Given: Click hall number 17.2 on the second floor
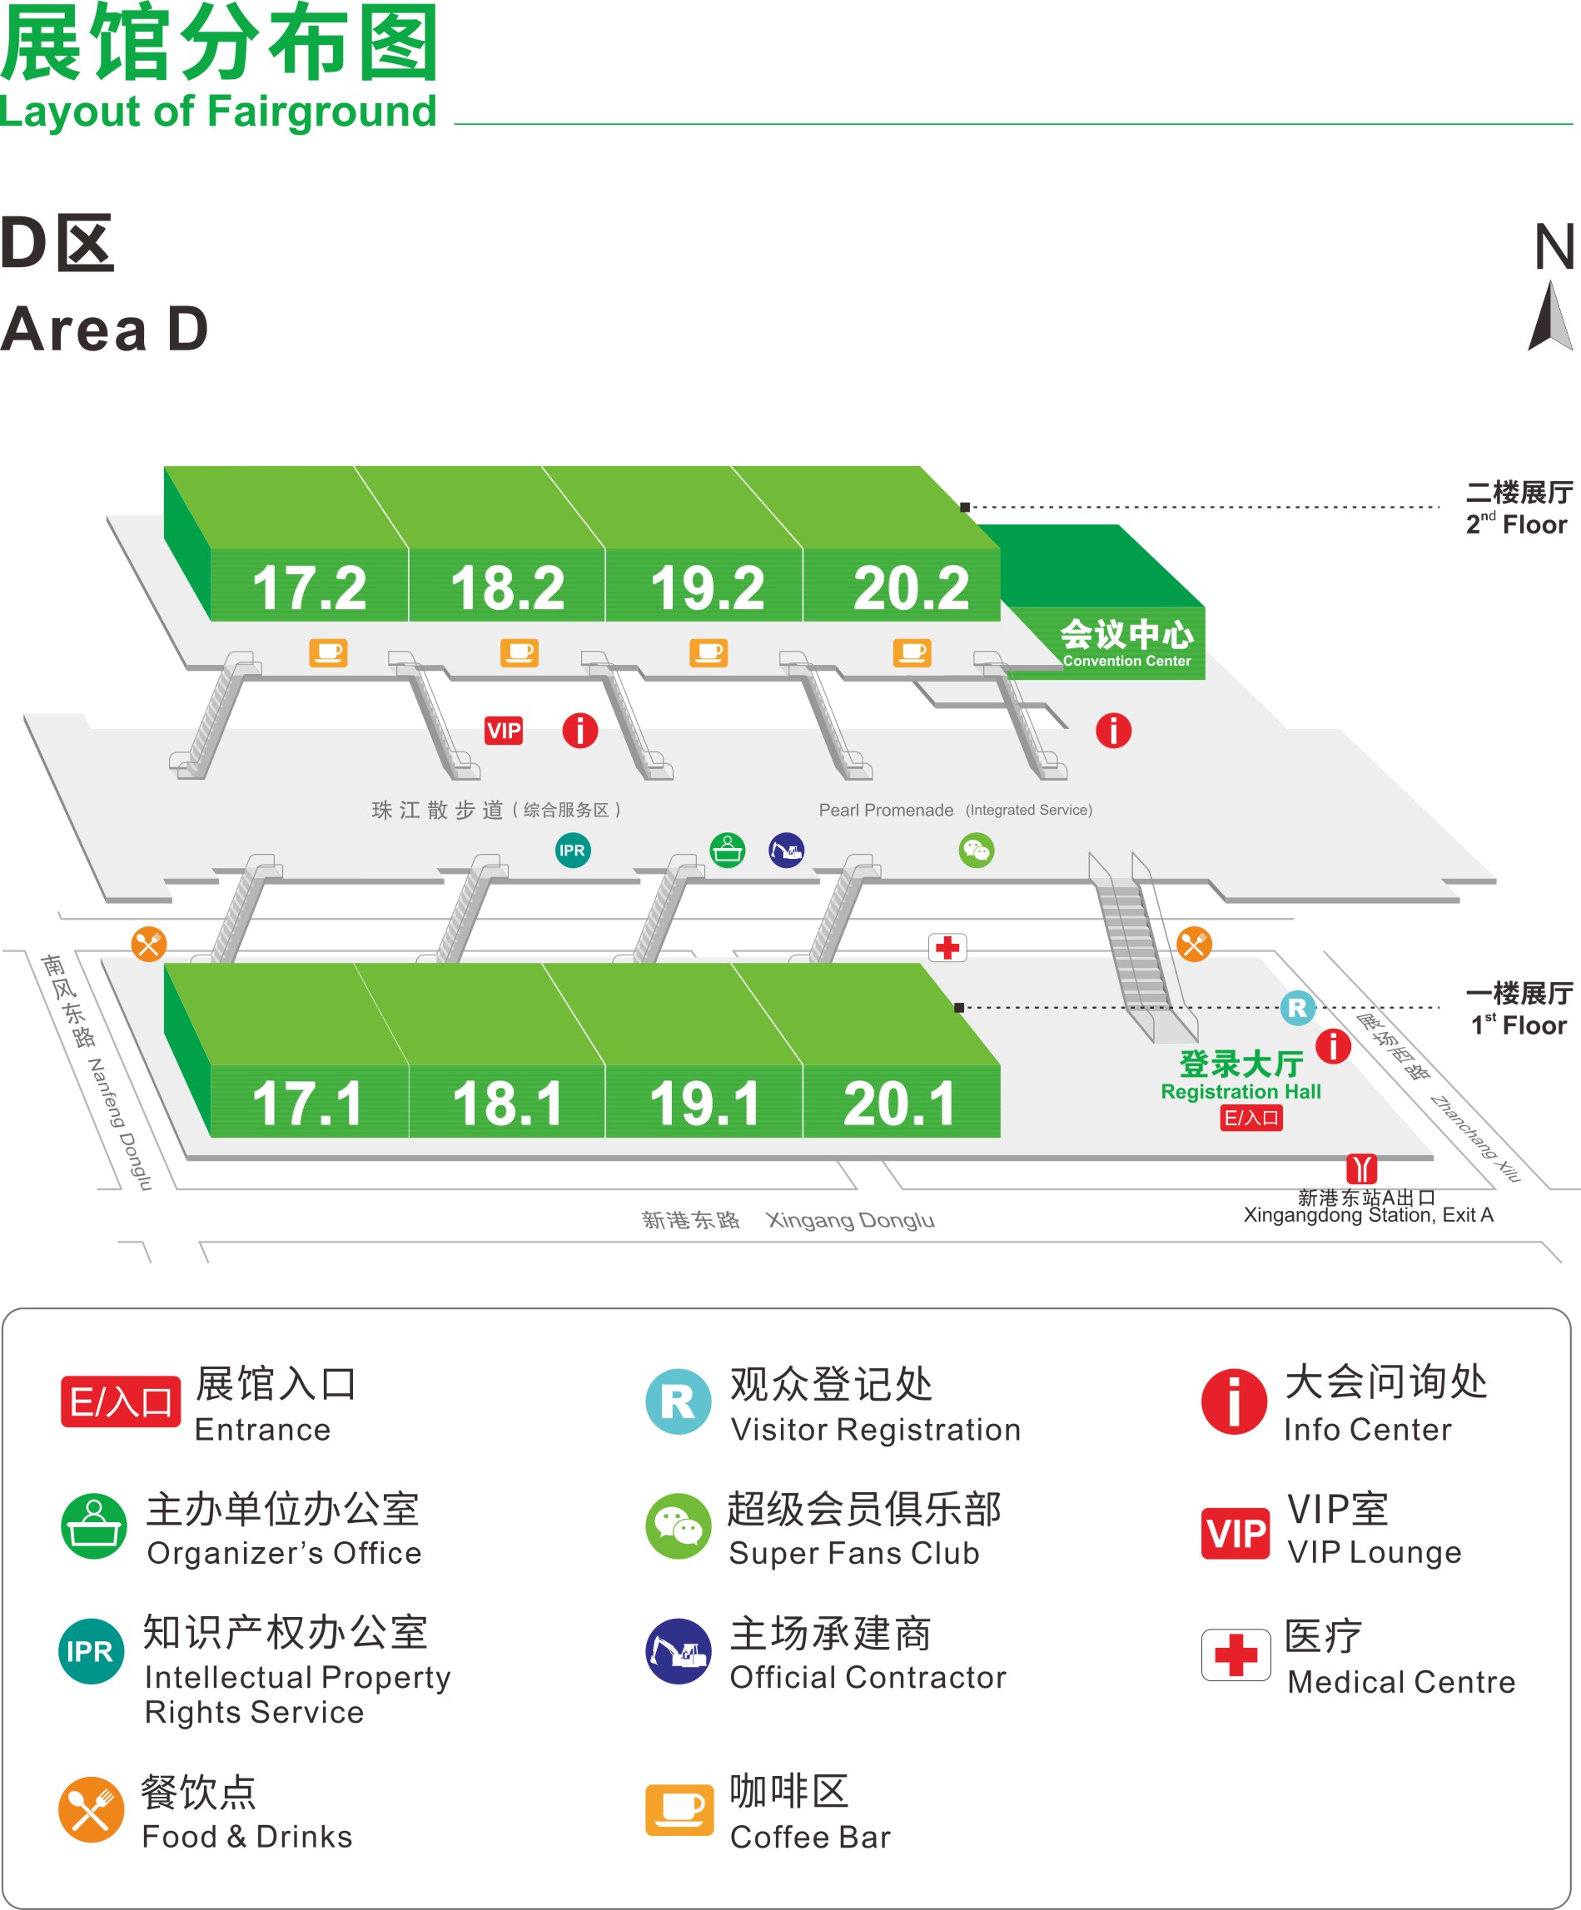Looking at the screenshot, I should point(309,588).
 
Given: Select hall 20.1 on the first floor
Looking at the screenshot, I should point(900,1104).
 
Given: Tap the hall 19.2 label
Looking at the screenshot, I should point(707,588).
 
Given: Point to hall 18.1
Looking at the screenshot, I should point(508,1104).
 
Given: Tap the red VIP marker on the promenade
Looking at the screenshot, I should point(504,731).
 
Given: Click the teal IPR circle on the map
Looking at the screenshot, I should point(572,851).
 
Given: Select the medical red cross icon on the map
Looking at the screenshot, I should point(947,947).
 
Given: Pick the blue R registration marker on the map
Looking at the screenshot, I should point(1297,1008).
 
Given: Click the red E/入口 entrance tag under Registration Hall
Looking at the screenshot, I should point(1250,1118).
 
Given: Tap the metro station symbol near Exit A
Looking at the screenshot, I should point(1362,1168).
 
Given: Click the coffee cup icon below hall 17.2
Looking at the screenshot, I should point(328,652).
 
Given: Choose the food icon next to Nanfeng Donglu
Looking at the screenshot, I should point(148,944).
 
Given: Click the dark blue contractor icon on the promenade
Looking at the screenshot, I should point(786,851).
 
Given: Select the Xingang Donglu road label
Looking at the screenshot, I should point(850,1220).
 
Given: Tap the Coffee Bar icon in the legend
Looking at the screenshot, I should point(679,1809).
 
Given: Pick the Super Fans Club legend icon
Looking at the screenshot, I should point(679,1526).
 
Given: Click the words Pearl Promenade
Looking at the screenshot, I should point(886,811).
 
